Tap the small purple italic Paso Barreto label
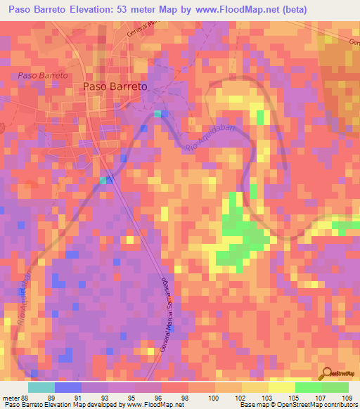pyautogui.click(x=43, y=75)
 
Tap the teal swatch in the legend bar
pyautogui.click(x=41, y=387)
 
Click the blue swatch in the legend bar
pyautogui.click(x=68, y=387)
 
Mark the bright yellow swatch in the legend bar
pyautogui.click(x=282, y=387)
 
